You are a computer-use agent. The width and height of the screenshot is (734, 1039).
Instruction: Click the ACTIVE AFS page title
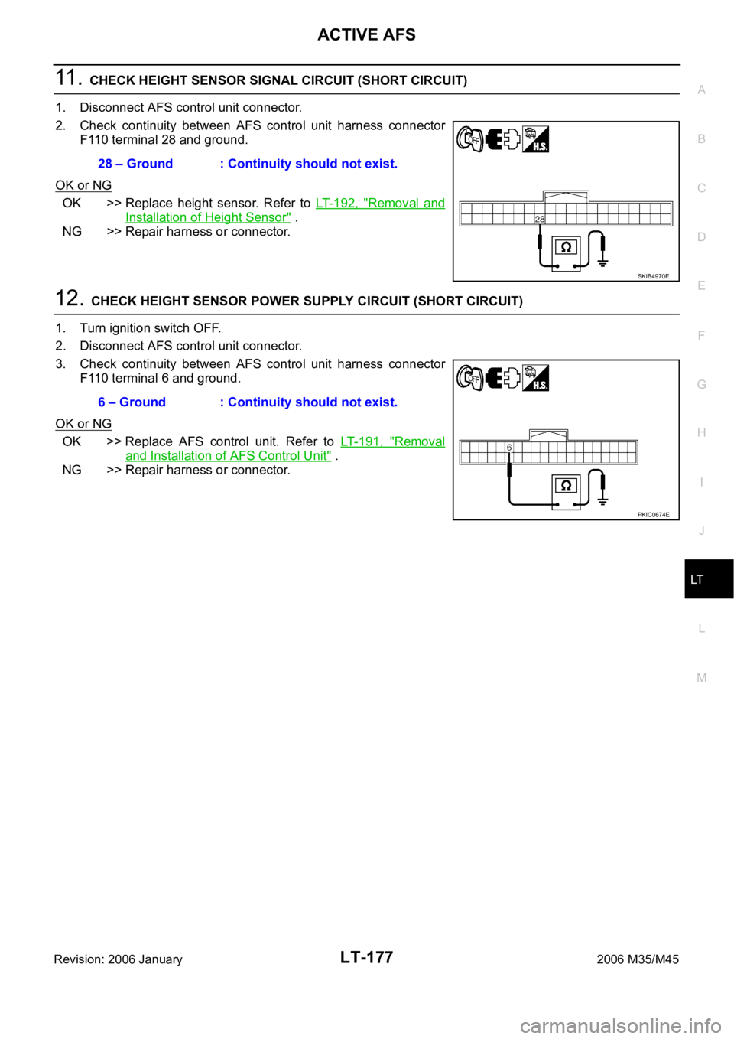[x=366, y=34]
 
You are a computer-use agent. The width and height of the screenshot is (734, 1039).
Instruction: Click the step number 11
[x=69, y=77]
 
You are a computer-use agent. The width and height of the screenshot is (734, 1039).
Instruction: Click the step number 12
[x=69, y=298]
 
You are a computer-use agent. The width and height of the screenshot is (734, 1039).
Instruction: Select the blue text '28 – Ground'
[x=135, y=164]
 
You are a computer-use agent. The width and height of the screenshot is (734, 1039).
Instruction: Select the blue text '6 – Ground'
[x=132, y=402]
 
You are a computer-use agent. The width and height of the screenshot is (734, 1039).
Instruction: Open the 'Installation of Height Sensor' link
[x=208, y=217]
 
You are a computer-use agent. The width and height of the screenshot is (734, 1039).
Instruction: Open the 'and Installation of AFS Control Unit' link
[x=229, y=455]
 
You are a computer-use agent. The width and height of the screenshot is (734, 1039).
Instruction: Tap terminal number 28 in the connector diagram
[x=540, y=219]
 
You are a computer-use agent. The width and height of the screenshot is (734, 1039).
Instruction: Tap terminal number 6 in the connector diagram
[x=508, y=448]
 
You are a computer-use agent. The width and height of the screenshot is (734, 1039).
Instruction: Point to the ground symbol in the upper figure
[x=602, y=262]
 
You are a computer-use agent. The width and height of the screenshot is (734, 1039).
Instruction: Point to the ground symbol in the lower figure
[x=602, y=500]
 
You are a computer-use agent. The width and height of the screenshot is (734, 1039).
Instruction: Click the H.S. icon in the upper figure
[x=536, y=138]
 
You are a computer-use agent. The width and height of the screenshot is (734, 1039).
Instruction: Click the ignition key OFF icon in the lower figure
[x=469, y=377]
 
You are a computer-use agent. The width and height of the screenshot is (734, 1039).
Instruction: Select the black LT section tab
[x=709, y=579]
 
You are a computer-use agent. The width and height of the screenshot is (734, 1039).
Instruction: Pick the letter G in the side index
[x=702, y=384]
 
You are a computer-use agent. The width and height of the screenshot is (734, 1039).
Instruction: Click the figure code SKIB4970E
[x=653, y=276]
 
